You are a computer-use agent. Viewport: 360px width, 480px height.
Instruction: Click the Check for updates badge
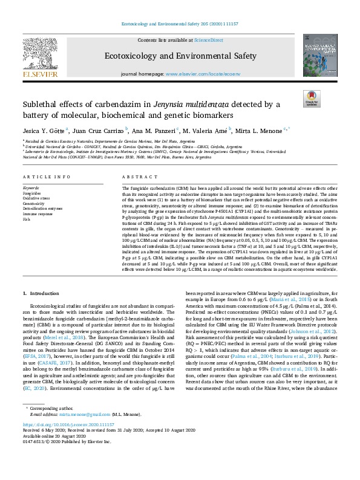coord(311,99)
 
